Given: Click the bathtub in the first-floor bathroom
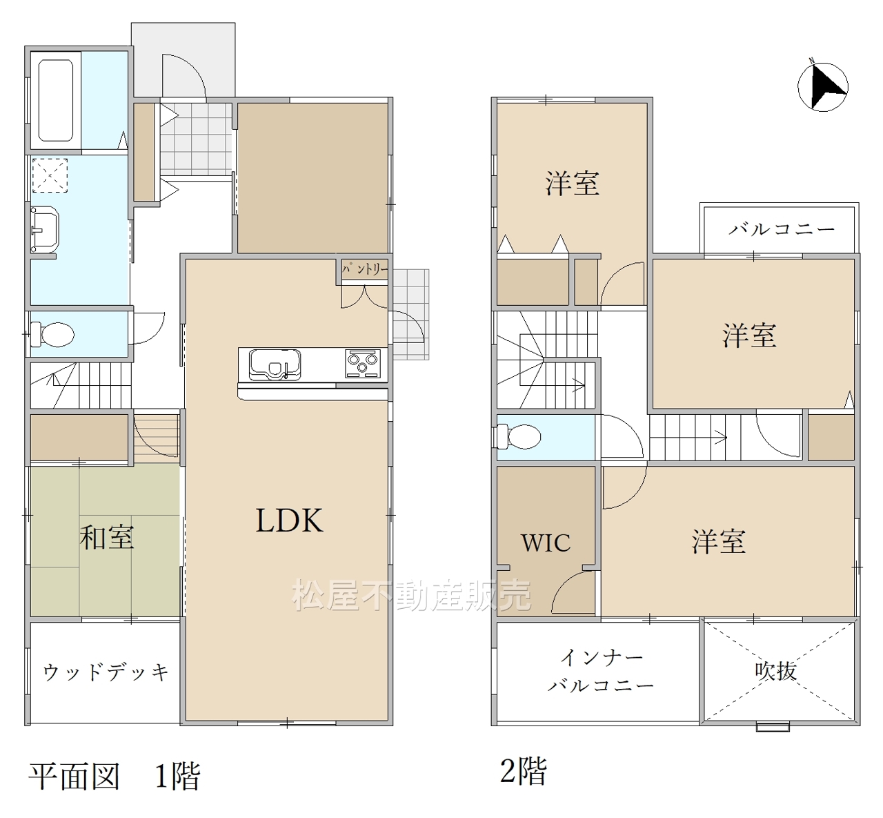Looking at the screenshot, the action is click(x=56, y=100).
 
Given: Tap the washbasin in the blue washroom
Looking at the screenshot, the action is click(x=45, y=229).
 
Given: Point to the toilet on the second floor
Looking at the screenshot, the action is click(x=519, y=436).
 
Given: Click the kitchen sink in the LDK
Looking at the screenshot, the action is click(x=275, y=364).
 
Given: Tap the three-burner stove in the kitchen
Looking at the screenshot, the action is click(x=363, y=364).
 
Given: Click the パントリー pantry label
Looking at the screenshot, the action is click(x=365, y=269).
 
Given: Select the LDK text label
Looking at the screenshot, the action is click(x=290, y=520).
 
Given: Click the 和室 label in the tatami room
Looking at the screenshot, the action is click(x=107, y=537).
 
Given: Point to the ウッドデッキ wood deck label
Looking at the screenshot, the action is click(x=106, y=672).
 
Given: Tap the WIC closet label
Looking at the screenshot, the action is click(x=546, y=543).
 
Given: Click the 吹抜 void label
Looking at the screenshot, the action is click(x=775, y=671).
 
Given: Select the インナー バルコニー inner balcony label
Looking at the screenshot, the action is click(x=601, y=672).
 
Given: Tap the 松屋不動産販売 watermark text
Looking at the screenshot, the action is click(x=412, y=595).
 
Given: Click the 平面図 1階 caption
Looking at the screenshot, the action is click(x=115, y=777).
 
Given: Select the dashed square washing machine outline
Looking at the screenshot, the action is click(x=50, y=175).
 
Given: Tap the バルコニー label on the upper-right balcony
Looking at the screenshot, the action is click(x=781, y=230).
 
